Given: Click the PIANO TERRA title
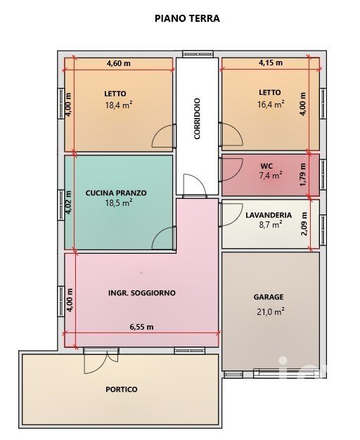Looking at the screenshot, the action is click(187, 18).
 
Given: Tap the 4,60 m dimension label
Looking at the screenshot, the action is click(119, 63).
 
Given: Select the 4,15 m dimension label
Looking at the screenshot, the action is click(271, 63).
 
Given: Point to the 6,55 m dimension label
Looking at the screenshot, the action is click(141, 327).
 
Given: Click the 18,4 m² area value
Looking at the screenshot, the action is click(119, 105).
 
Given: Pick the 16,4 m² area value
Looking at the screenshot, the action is click(271, 104).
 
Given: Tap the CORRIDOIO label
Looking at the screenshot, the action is click(197, 118).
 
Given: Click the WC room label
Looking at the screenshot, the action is click(266, 166).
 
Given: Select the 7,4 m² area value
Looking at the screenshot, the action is click(271, 176).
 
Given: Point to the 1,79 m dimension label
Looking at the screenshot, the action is click(303, 174).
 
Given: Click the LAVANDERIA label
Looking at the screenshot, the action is click(269, 215).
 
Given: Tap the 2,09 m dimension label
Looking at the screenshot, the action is click(304, 224).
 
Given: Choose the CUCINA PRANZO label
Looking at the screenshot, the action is click(116, 193).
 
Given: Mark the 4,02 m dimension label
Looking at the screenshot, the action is click(69, 202).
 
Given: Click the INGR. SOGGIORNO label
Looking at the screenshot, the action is click(142, 293).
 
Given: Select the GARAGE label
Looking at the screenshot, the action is click(269, 297).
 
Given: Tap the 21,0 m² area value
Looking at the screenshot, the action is click(271, 311).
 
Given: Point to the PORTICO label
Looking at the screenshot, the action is click(122, 389).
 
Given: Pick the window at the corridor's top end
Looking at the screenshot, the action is click(198, 54).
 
